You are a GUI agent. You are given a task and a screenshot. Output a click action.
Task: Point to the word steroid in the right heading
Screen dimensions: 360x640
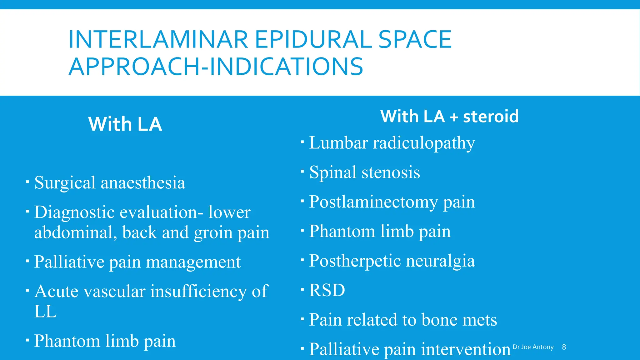point(491,116)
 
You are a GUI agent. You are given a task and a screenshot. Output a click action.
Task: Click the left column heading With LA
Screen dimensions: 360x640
point(125,124)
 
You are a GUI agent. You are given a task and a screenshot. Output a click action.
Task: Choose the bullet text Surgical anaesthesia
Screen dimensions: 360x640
point(110,182)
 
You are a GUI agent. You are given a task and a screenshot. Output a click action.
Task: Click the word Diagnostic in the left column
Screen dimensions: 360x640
point(75,212)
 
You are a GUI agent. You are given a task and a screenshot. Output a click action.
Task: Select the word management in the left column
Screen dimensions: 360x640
point(193,262)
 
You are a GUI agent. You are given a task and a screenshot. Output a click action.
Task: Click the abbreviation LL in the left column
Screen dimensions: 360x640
point(45,312)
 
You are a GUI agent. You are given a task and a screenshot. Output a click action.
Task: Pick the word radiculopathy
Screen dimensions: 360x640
point(424,143)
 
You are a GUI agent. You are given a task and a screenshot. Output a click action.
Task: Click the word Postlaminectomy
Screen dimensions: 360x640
point(373,202)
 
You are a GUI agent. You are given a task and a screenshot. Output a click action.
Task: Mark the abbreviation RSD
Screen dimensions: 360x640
point(327,290)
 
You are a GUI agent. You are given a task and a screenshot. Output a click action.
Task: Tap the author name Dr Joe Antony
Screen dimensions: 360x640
point(533,347)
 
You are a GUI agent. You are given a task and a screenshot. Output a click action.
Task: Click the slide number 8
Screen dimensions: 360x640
point(564,347)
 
